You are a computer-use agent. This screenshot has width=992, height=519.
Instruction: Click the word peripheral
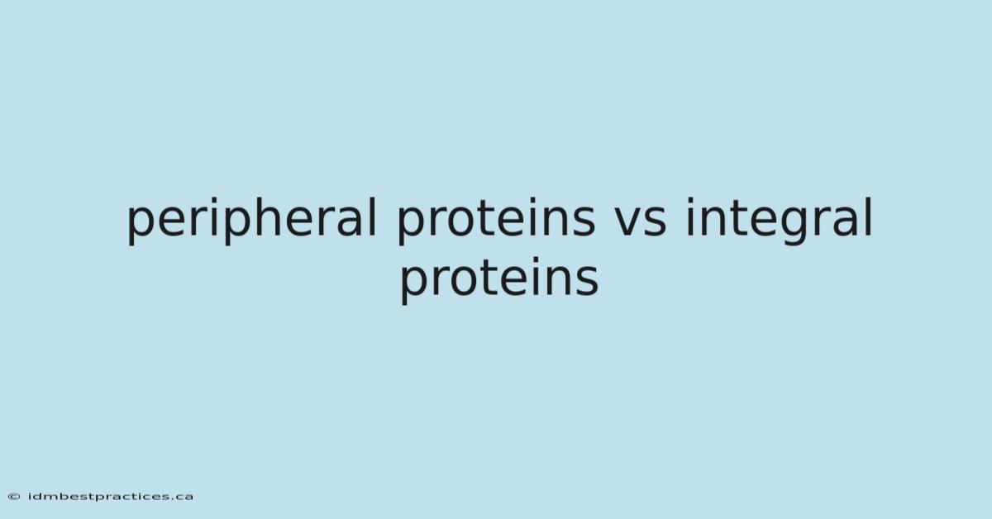click(x=251, y=220)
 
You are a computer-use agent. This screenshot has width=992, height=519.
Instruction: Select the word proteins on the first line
click(x=497, y=220)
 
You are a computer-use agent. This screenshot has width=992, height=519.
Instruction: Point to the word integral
click(x=779, y=220)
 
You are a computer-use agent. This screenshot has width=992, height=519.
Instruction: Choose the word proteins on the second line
click(x=499, y=279)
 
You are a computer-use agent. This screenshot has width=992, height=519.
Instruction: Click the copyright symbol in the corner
click(x=14, y=497)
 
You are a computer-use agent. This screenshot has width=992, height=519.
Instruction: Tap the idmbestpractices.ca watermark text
click(x=111, y=497)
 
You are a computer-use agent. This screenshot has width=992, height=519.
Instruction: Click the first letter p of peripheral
click(x=140, y=226)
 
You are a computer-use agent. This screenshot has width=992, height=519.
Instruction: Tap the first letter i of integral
click(x=689, y=217)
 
